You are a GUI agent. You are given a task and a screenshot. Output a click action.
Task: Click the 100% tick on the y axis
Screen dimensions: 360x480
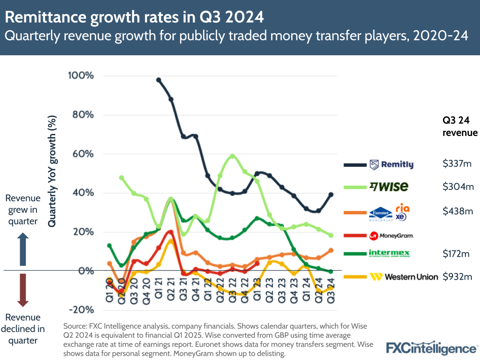click(80, 76)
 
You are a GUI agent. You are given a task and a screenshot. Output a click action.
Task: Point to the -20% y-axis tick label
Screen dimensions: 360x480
click(82, 309)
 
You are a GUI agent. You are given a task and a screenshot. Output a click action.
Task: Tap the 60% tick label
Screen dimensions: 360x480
click(83, 154)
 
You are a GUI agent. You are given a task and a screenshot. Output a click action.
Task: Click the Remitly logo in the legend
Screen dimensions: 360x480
click(391, 165)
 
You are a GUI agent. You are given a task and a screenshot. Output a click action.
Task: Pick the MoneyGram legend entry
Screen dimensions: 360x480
click(392, 236)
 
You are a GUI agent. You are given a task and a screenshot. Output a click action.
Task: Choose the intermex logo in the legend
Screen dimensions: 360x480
click(390, 253)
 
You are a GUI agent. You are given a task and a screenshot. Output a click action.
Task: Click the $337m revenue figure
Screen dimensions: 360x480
click(457, 164)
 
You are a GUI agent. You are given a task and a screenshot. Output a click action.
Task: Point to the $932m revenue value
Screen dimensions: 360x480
click(457, 277)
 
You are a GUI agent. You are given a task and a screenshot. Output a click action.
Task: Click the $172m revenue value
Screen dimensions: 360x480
click(457, 253)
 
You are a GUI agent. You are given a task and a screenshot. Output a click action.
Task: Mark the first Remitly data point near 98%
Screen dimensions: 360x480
click(159, 80)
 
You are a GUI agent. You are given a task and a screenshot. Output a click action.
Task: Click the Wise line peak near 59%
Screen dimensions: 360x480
click(233, 156)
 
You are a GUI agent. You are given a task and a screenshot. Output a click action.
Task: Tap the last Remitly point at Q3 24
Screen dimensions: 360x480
click(331, 194)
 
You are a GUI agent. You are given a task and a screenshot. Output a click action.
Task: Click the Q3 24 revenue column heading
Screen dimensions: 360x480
click(459, 126)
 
